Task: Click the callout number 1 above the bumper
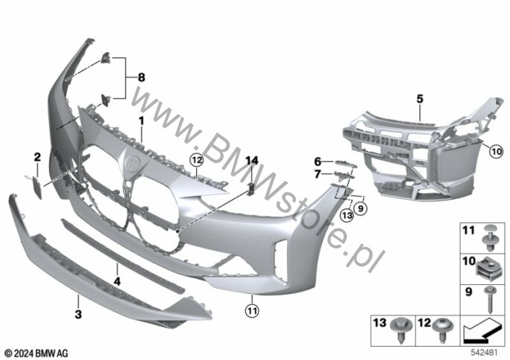(x=140, y=120)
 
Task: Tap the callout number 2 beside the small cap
(x=36, y=156)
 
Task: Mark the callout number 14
(x=251, y=160)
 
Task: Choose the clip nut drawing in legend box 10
(x=488, y=263)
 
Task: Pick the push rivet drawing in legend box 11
(x=488, y=233)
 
